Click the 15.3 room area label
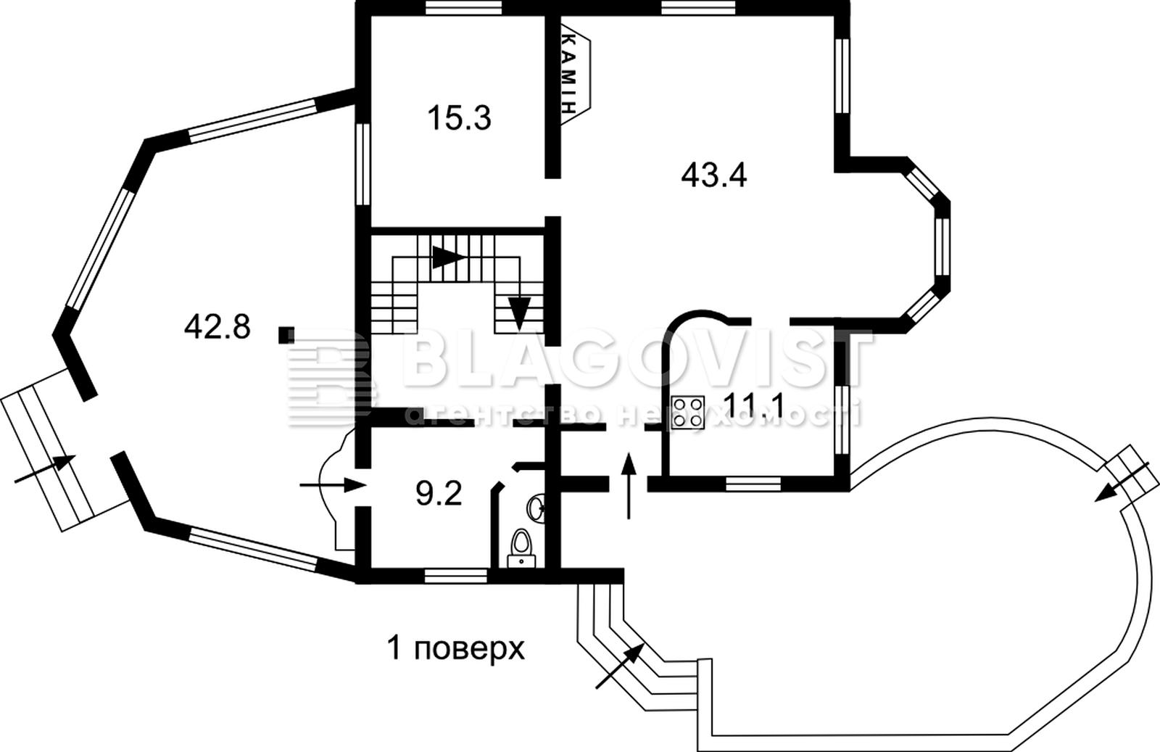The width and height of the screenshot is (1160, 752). click(x=460, y=118)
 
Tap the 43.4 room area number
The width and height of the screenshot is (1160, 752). click(x=713, y=175)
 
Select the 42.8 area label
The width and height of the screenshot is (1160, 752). click(x=217, y=327)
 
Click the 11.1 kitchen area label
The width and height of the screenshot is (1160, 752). click(x=753, y=405)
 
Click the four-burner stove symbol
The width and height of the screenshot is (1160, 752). click(x=688, y=412)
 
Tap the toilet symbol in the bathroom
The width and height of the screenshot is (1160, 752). click(x=521, y=548)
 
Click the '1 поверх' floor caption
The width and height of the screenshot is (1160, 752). click(x=456, y=648)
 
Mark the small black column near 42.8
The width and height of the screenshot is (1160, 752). click(x=286, y=335)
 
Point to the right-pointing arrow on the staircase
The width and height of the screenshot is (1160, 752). click(x=449, y=257)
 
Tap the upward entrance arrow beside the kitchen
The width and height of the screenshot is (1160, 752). click(x=629, y=485)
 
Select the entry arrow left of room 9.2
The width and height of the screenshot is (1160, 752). click(x=333, y=485)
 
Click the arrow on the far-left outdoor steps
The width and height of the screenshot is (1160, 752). click(x=45, y=469)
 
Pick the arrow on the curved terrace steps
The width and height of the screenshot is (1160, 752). click(x=620, y=666)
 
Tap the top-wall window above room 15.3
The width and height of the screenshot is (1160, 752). click(x=464, y=7)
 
